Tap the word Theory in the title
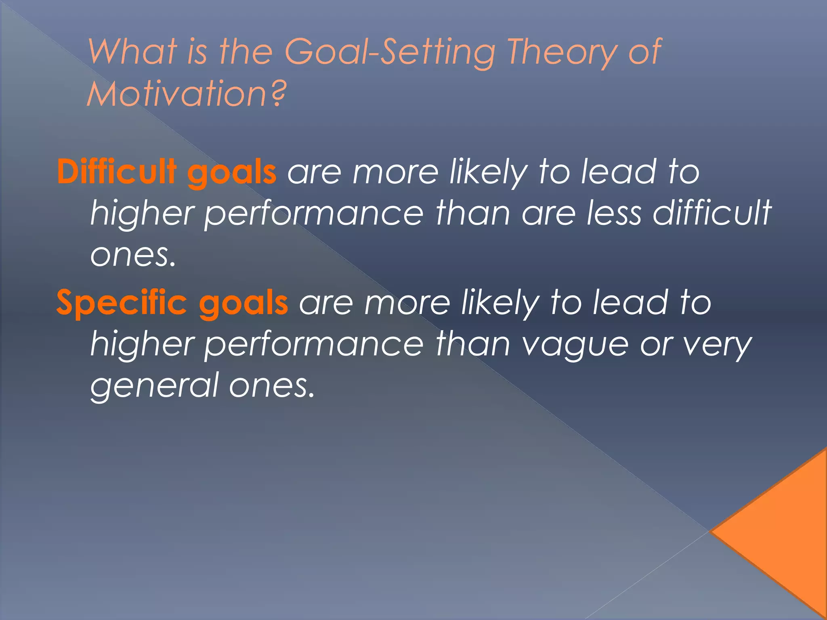tap(561, 52)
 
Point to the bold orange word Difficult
tap(117, 172)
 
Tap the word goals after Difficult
tap(232, 174)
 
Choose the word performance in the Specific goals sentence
tap(314, 346)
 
